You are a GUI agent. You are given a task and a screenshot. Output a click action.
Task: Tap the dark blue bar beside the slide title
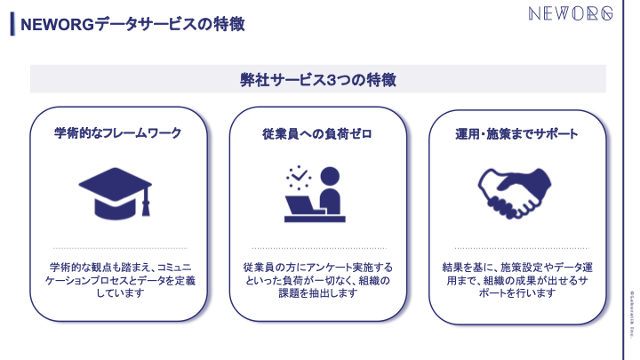click(12, 24)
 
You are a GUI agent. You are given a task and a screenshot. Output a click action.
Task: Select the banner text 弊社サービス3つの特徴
click(317, 79)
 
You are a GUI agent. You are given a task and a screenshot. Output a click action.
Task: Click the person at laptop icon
click(316, 192)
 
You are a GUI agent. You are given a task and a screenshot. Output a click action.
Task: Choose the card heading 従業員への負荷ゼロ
click(317, 133)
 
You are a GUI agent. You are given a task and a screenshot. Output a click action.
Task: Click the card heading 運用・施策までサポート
click(517, 133)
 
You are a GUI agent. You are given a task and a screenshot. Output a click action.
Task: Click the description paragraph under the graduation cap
click(121, 280)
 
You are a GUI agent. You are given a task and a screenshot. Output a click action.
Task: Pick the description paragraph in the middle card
click(317, 280)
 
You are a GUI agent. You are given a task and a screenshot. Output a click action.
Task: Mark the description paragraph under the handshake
click(517, 280)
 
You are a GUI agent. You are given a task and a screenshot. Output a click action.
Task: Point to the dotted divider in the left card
click(121, 248)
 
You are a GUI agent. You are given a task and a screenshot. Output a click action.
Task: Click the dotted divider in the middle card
click(317, 248)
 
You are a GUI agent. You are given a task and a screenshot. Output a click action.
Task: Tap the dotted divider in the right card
click(517, 248)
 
